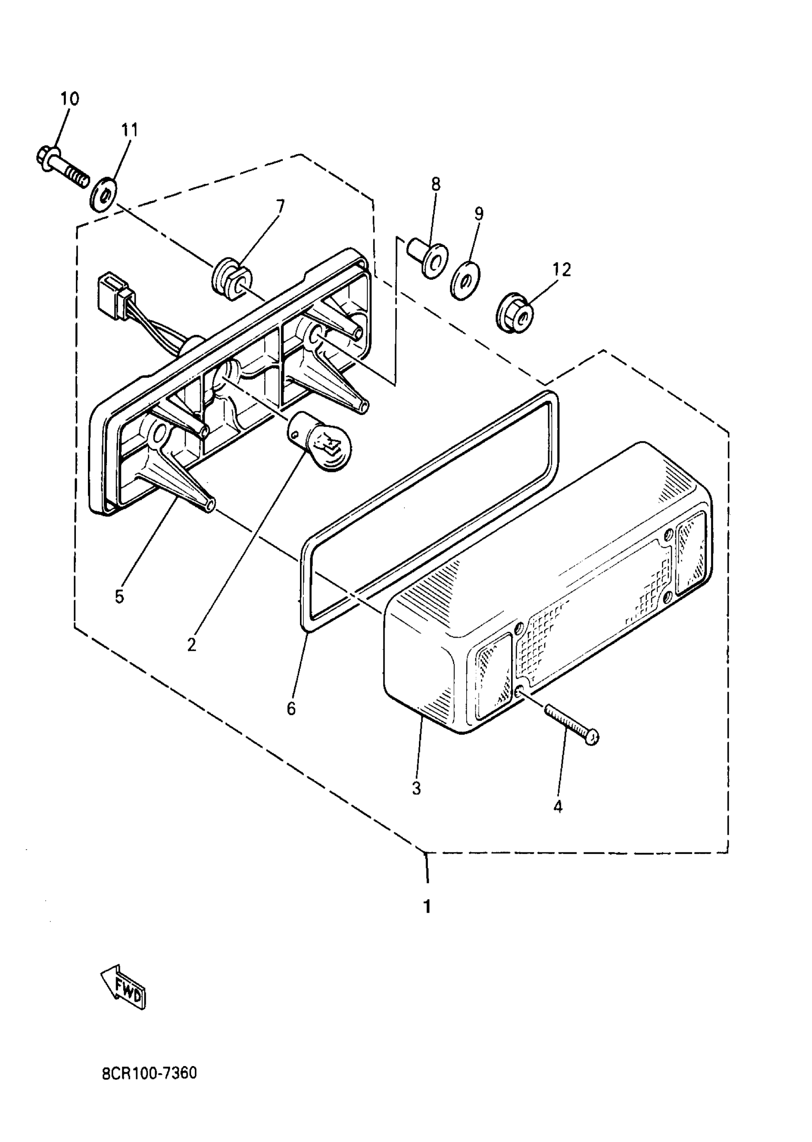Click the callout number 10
(x=70, y=99)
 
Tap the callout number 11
(x=129, y=130)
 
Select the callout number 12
(x=562, y=270)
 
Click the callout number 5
(x=119, y=597)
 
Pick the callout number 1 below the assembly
(x=427, y=906)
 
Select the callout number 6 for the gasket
(x=291, y=708)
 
